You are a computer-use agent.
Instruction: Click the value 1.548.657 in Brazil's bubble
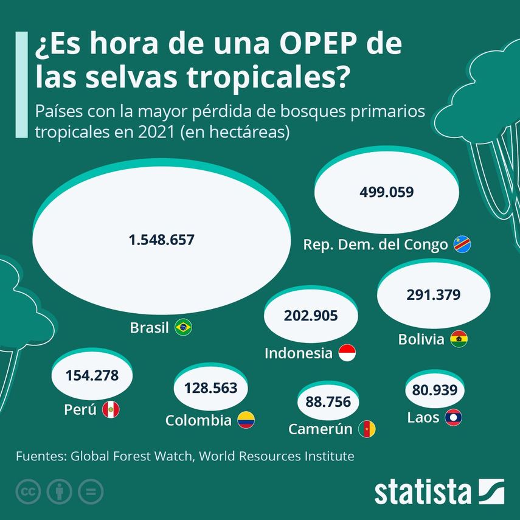click(162, 240)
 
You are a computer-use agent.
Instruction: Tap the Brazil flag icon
click(183, 328)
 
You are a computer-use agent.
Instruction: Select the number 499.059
click(387, 192)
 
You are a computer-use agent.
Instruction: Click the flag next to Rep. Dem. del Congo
click(462, 244)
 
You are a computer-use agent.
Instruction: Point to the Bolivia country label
click(421, 339)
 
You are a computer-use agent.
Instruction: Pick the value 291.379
click(433, 294)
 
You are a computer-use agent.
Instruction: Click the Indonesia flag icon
click(346, 353)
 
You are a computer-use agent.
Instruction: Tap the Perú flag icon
click(111, 410)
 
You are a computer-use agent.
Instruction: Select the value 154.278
click(93, 375)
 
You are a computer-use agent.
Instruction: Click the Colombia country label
click(198, 420)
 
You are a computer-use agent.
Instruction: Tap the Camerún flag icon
click(367, 429)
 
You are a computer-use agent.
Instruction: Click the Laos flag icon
click(453, 418)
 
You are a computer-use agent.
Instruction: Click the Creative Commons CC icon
click(27, 491)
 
